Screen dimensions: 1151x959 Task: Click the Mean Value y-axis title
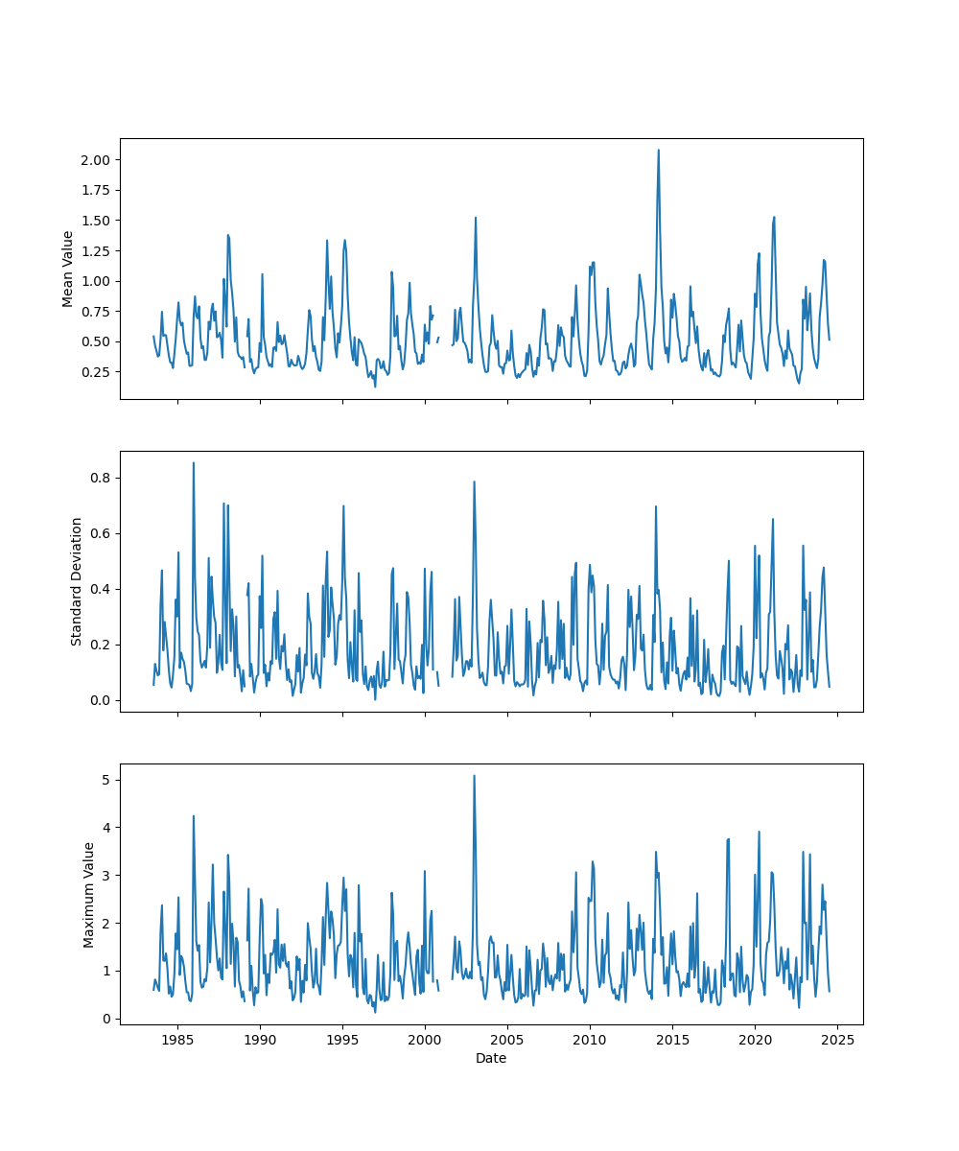[68, 269]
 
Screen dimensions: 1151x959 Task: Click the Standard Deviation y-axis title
[77, 581]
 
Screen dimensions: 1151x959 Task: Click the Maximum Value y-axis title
[89, 894]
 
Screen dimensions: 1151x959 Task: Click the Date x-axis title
[491, 1058]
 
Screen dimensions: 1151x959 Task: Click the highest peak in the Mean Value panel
[658, 150]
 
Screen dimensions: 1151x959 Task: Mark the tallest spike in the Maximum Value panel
[474, 776]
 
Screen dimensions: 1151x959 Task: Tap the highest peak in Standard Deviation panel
[194, 462]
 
